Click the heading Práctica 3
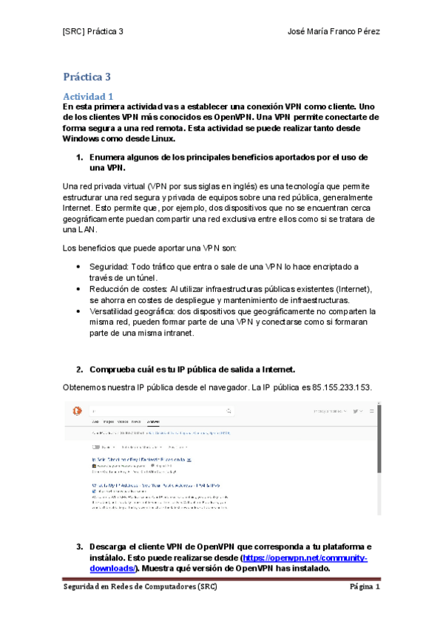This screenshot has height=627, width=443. [87, 77]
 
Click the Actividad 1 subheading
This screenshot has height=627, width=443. [88, 96]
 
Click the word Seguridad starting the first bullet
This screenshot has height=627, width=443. [109, 266]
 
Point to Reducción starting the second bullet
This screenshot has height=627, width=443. [110, 289]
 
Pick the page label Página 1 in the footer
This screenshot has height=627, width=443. [365, 587]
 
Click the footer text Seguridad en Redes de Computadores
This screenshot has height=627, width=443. [140, 587]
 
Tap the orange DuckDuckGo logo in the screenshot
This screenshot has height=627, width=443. [76, 410]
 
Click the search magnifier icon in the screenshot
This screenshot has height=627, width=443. [225, 410]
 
